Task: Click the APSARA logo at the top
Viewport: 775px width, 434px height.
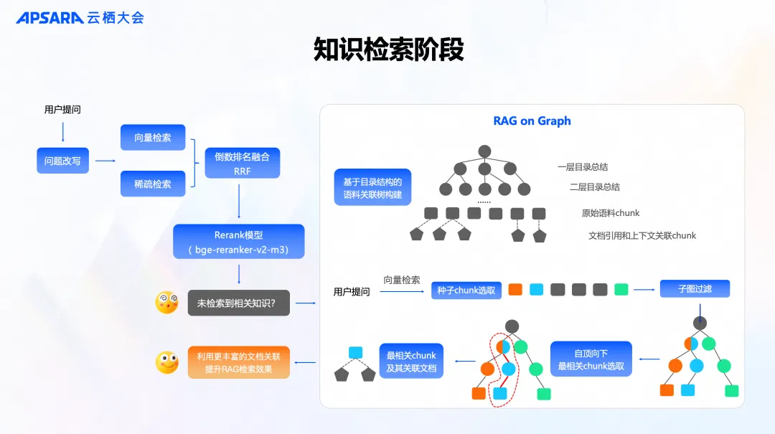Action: [x=50, y=18]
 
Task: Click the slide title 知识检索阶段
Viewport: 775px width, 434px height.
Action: [x=388, y=50]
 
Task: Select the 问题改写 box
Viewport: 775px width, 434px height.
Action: [x=62, y=161]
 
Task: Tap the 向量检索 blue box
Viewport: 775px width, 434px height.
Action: [x=153, y=138]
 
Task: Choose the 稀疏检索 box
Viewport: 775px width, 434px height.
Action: [x=153, y=184]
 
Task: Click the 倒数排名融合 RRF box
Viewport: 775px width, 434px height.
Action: [x=242, y=164]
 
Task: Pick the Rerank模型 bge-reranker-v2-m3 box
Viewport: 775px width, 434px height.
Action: [x=239, y=242]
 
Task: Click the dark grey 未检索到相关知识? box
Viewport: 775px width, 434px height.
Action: [x=240, y=303]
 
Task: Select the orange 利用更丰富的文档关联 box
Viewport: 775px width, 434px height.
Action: [x=239, y=363]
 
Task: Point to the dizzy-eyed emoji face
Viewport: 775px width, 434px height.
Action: [x=166, y=302]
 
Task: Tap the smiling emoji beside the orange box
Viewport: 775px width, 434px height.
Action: [x=166, y=362]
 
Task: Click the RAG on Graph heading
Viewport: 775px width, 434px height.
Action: [x=532, y=121]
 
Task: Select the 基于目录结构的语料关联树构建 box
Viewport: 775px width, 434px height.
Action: [x=372, y=188]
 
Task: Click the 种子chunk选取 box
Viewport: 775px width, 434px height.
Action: [x=466, y=290]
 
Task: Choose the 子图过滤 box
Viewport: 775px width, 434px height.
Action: [x=695, y=289]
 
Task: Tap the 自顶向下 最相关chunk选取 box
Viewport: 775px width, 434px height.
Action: [x=591, y=359]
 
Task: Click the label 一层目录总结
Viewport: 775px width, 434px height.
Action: [x=583, y=167]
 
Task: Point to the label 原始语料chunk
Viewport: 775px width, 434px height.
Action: [x=610, y=213]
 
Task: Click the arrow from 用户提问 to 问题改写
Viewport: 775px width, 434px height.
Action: [x=63, y=131]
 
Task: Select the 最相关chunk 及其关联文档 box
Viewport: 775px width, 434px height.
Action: [x=411, y=362]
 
